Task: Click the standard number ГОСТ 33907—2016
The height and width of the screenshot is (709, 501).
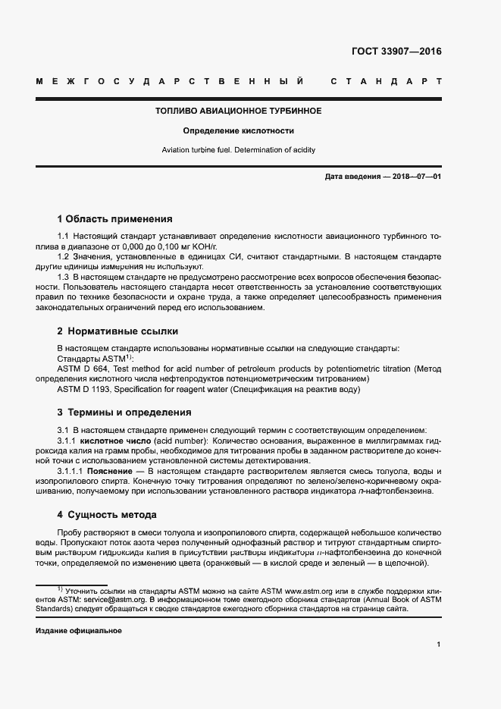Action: [x=396, y=52]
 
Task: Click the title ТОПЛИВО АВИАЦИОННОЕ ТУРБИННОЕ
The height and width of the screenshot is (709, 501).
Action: [x=238, y=111]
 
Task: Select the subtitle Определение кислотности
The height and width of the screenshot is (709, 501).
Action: [x=238, y=131]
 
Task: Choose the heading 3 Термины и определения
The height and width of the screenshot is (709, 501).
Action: [x=124, y=413]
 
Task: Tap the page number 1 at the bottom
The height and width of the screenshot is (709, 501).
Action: [x=439, y=645]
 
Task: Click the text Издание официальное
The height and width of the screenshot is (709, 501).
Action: [x=78, y=631]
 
